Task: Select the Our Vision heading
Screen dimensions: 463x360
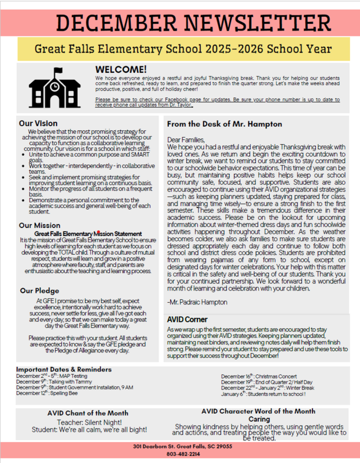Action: pyautogui.click(x=38, y=123)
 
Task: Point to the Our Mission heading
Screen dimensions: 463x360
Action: pyautogui.click(x=39, y=225)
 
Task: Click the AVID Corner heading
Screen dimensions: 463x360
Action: pyautogui.click(x=187, y=319)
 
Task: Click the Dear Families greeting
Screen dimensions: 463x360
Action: pyautogui.click(x=186, y=139)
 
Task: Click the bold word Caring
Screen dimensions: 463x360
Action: pyautogui.click(x=259, y=419)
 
